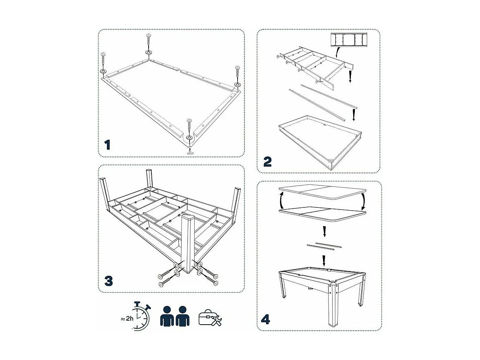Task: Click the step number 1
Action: coord(107,145)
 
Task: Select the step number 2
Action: coord(267,162)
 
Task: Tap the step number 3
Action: coord(108,281)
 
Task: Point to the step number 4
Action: coord(265,319)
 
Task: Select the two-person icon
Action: coord(175,316)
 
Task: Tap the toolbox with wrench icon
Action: coord(210,318)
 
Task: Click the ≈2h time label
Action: coord(126,318)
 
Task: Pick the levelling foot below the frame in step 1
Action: coord(190,151)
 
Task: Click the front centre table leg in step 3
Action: coord(188,242)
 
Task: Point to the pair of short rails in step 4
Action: coord(324,246)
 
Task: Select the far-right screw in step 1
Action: coord(238,73)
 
